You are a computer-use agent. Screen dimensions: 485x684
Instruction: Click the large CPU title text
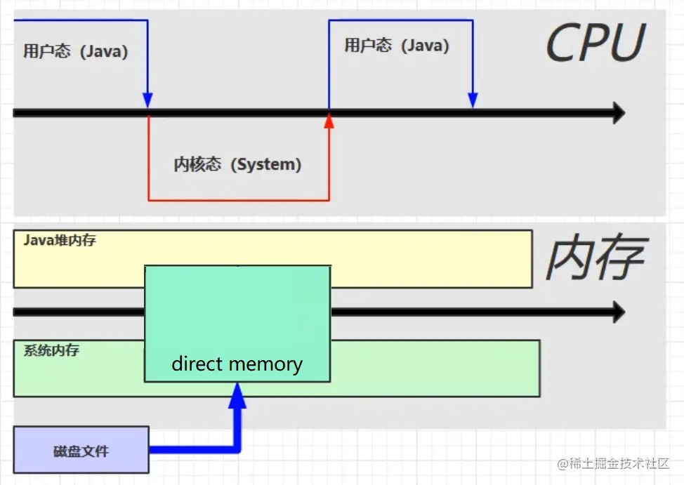pyautogui.click(x=594, y=44)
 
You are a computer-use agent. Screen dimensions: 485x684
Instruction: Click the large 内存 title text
pyautogui.click(x=594, y=258)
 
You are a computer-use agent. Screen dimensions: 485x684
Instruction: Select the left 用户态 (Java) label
pyautogui.click(x=76, y=52)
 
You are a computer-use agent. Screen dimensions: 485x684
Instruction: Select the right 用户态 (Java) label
pyautogui.click(x=397, y=46)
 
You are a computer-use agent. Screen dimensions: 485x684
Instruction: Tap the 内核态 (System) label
pyautogui.click(x=237, y=164)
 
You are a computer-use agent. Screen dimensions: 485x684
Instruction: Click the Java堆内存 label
pyautogui.click(x=60, y=241)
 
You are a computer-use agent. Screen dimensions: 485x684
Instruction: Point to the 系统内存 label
pyautogui.click(x=51, y=350)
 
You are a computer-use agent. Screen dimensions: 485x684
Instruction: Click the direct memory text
pyautogui.click(x=237, y=364)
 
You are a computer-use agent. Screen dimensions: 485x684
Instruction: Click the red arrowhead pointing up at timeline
pyautogui.click(x=329, y=121)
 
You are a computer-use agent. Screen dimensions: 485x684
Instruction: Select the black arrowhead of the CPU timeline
pyautogui.click(x=618, y=112)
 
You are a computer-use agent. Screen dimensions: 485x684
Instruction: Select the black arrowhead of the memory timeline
pyautogui.click(x=618, y=312)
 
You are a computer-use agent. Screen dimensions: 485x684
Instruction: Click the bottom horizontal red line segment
pyautogui.click(x=238, y=200)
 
